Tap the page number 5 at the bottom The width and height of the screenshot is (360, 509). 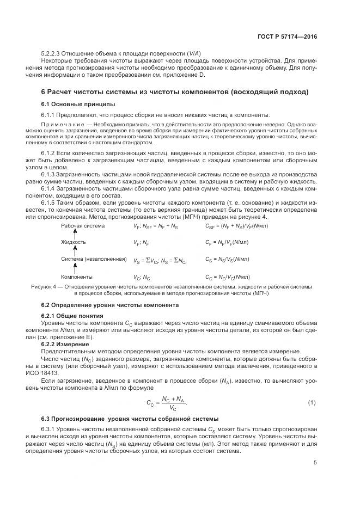315,463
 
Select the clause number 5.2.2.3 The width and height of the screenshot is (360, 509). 53,53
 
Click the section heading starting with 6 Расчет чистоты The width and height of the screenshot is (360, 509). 175,91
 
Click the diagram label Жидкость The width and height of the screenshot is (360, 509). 74,242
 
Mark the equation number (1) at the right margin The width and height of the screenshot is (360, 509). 312,402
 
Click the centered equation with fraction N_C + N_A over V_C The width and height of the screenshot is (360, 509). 167,403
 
